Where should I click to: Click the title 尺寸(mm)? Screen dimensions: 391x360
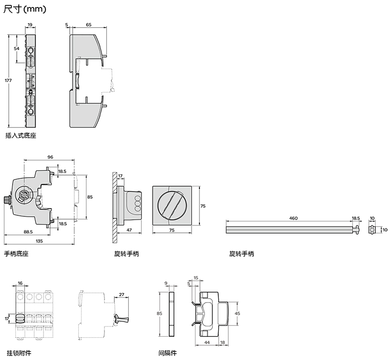[x=25, y=9]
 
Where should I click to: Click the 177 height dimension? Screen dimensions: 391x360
[x=8, y=81]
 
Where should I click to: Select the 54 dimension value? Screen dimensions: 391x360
[x=16, y=48]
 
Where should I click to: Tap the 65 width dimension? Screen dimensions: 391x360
[x=89, y=25]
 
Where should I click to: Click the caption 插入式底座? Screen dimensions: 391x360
[x=21, y=136]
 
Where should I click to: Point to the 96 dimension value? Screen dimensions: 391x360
[x=50, y=157]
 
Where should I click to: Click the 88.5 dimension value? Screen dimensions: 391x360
[x=28, y=232]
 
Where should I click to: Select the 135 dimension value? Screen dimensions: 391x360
[x=39, y=241]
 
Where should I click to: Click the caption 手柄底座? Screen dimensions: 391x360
[x=16, y=254]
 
